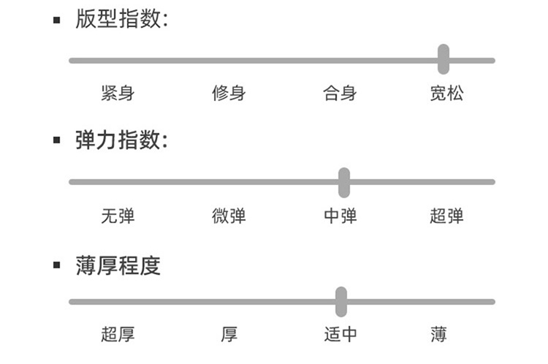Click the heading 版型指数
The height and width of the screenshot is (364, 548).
click(x=121, y=19)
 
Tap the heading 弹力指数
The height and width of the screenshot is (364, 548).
click(x=121, y=140)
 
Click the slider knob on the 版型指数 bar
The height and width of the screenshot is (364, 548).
click(x=444, y=59)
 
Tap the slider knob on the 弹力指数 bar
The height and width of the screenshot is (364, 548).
click(x=344, y=182)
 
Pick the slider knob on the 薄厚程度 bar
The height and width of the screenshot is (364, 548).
click(x=341, y=301)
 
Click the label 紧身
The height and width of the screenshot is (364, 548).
click(x=118, y=94)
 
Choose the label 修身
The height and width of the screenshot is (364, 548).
click(x=229, y=94)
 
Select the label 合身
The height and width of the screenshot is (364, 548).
click(x=340, y=94)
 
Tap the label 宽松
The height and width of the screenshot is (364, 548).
click(x=446, y=94)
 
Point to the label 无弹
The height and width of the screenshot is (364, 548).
click(x=118, y=216)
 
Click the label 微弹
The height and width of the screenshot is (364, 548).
click(x=229, y=216)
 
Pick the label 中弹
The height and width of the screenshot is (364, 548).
click(x=340, y=216)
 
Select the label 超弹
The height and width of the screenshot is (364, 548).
click(x=446, y=216)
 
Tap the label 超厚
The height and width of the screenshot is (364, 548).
click(x=118, y=335)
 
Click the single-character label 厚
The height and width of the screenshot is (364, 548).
click(x=229, y=335)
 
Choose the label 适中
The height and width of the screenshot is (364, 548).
click(x=340, y=335)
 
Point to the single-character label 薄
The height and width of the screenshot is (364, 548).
click(x=438, y=335)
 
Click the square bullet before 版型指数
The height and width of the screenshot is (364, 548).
click(x=57, y=20)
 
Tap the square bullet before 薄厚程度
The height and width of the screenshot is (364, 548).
click(x=57, y=265)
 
